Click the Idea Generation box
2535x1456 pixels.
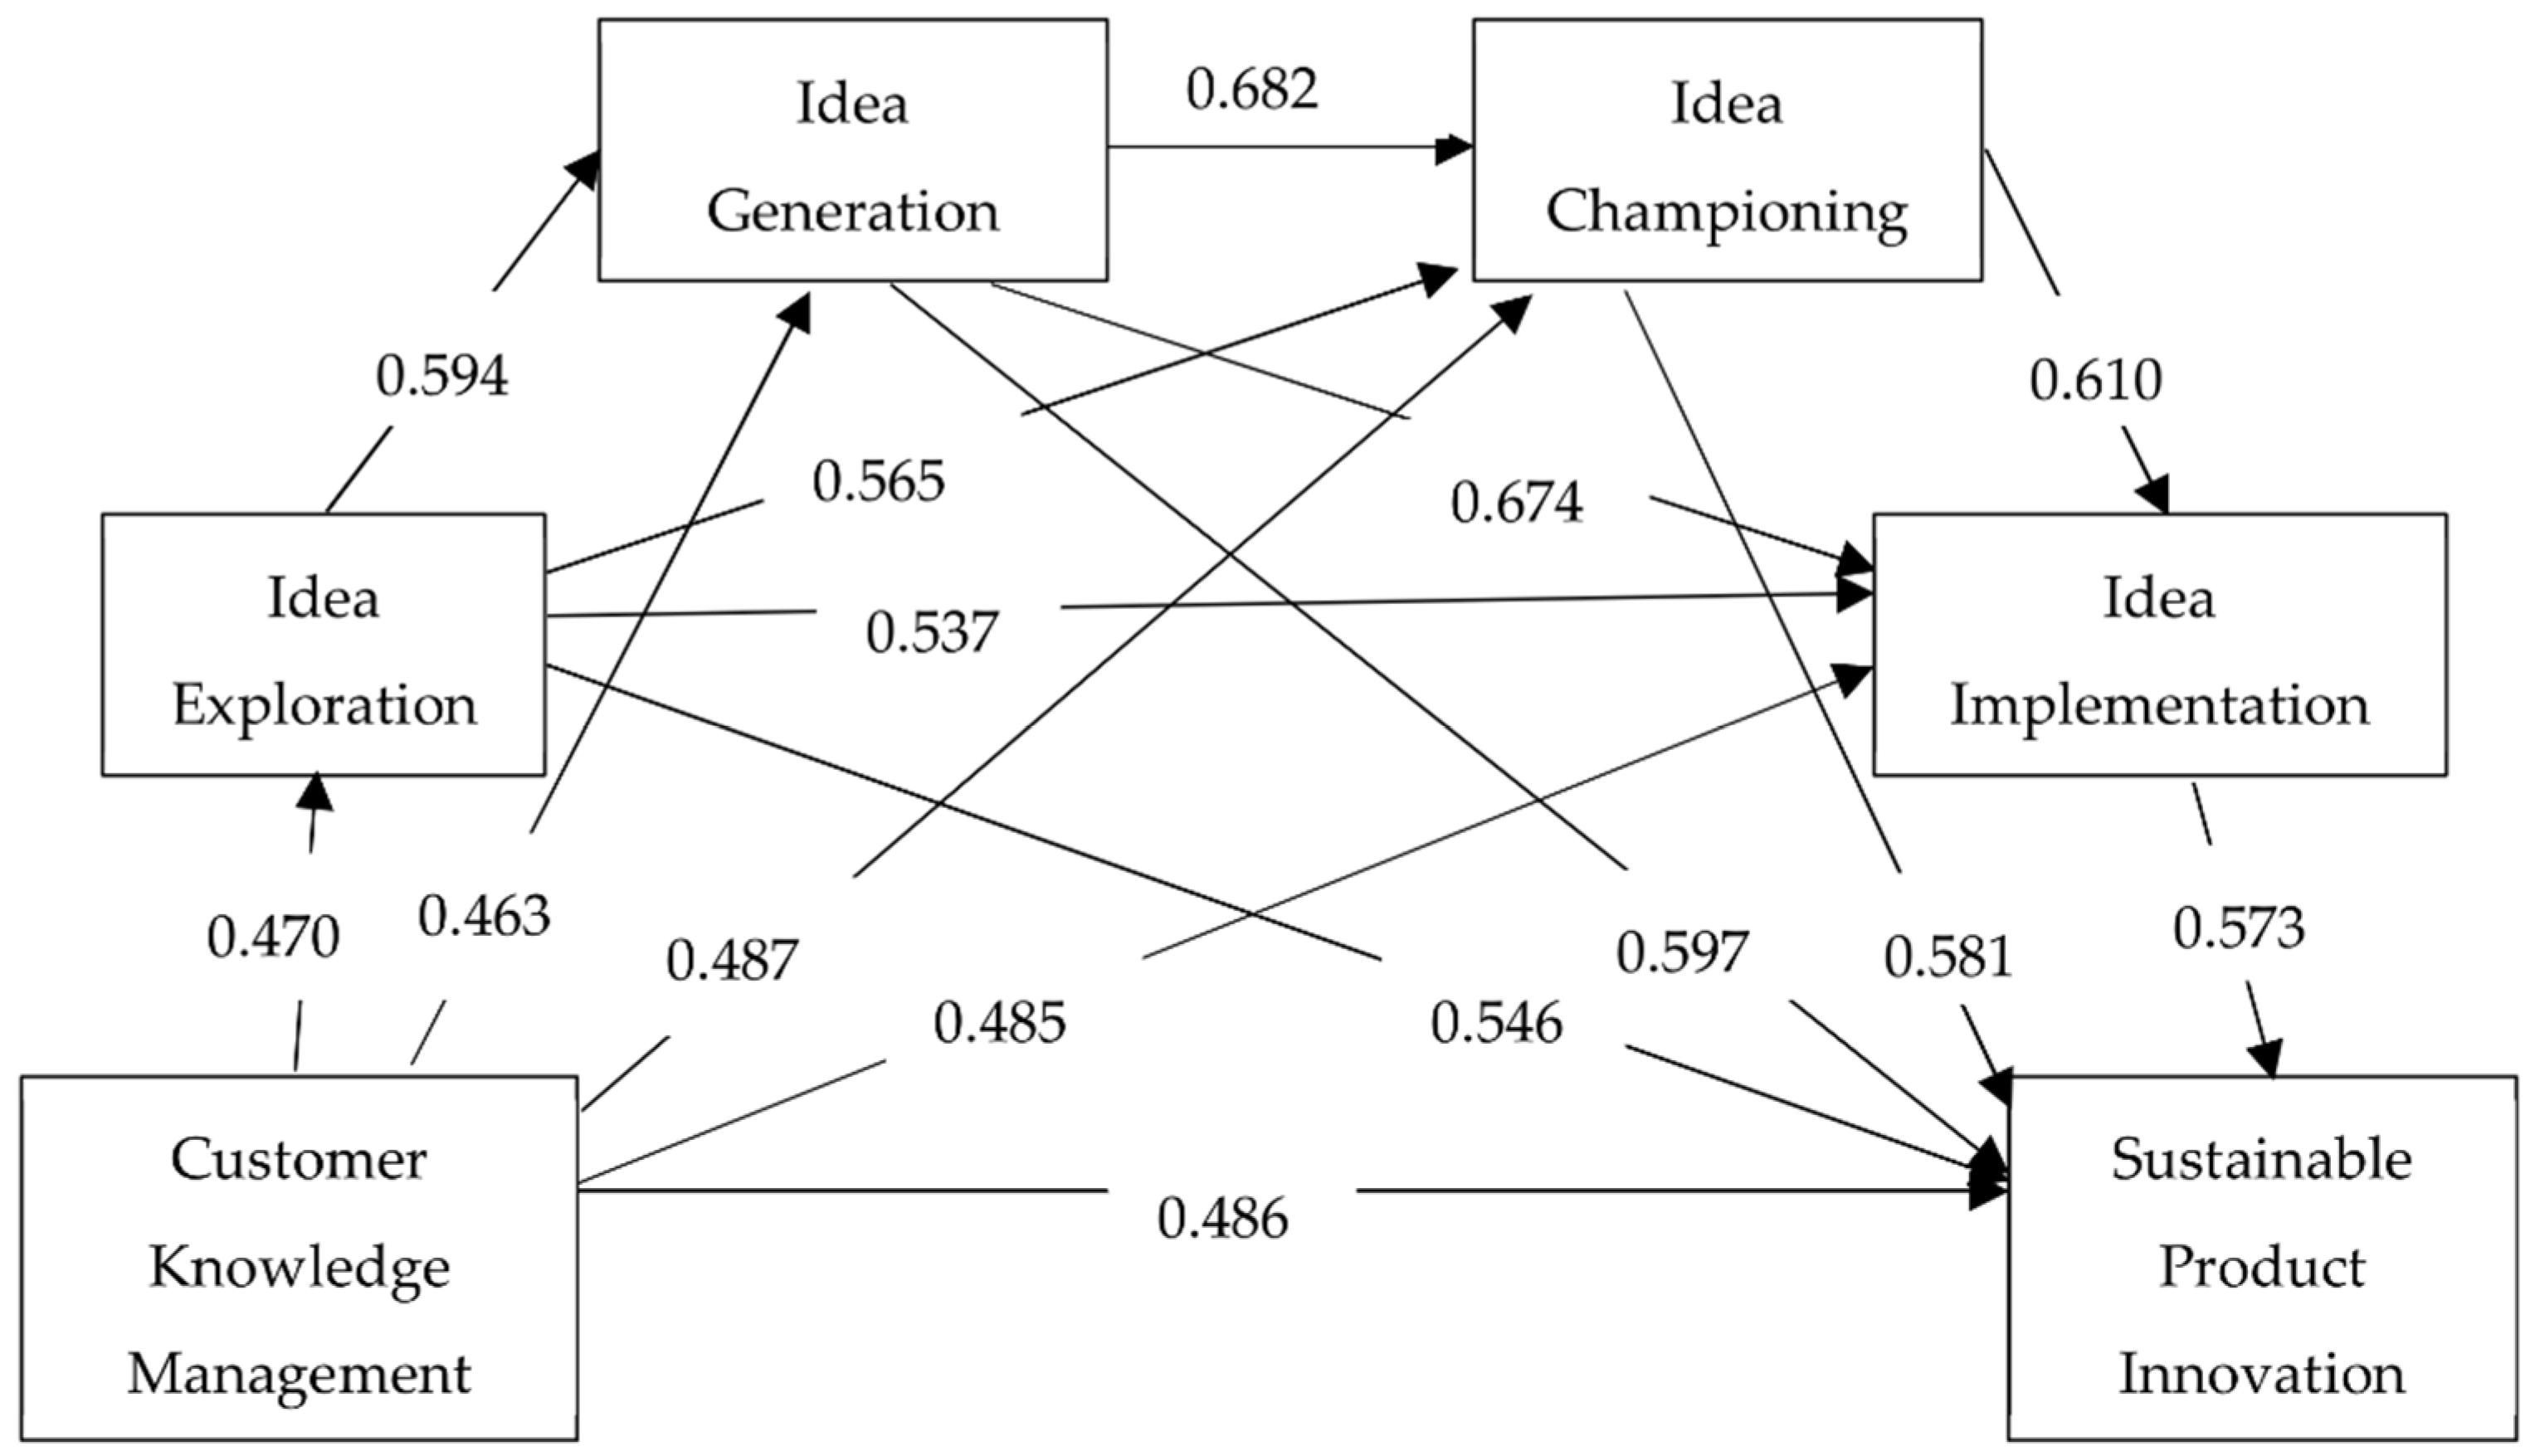tap(852, 150)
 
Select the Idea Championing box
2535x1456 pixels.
tap(1726, 150)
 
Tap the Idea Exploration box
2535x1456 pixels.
tap(323, 645)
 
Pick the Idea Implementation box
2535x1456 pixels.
tap(2159, 645)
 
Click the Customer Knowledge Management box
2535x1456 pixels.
tap(298, 1258)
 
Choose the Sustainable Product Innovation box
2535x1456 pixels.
tap(2261, 1258)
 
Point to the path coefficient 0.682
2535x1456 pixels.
tap(1252, 89)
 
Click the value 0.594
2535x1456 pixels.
tap(441, 377)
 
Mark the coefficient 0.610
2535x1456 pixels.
tap(2095, 381)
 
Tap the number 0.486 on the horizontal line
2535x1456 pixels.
tap(1222, 1219)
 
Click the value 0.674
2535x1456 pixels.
tap(1516, 503)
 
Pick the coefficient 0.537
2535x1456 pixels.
tap(931, 633)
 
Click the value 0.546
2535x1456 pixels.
tap(1495, 1023)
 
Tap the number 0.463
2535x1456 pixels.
tap(484, 916)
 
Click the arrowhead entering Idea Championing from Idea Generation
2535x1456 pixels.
tap(1455, 150)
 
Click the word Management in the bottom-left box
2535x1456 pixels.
tap(298, 1373)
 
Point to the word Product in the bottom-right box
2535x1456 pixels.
tap(2261, 1266)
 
